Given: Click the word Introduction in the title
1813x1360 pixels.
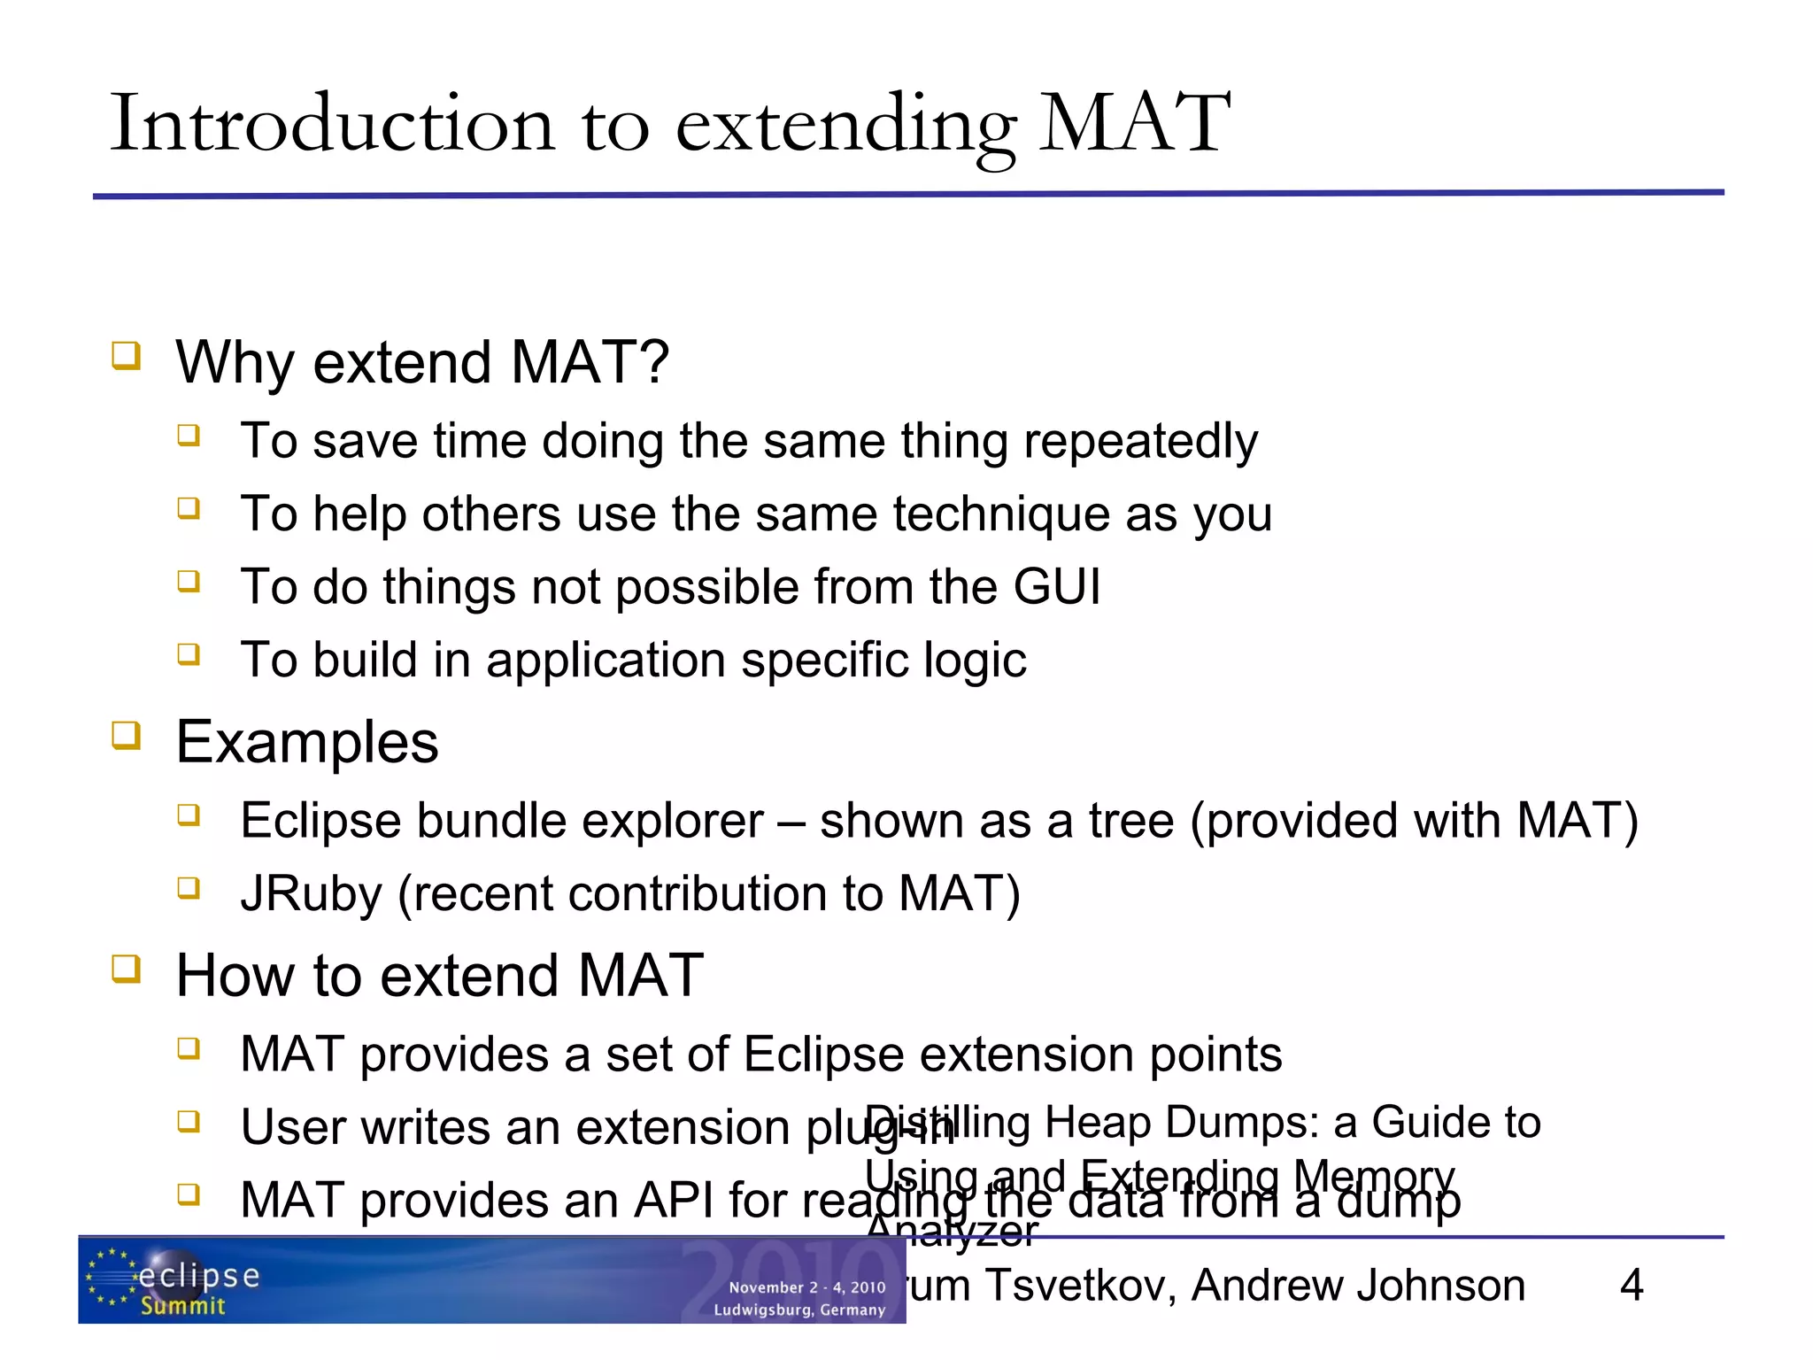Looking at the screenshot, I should click(332, 124).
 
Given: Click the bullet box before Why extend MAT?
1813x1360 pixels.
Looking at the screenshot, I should click(126, 356).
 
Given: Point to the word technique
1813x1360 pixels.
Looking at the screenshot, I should click(1001, 514).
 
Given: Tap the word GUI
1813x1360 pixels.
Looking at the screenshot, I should click(1057, 587).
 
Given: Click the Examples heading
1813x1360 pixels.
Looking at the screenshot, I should click(307, 742).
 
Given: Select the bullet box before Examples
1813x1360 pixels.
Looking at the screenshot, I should click(126, 735).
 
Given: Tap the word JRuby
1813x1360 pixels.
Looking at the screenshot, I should click(311, 894).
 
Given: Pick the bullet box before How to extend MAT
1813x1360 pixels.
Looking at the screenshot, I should click(126, 969).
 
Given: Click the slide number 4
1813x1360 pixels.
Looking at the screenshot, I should click(1631, 1285).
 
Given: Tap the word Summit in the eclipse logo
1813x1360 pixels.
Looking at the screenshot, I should click(183, 1306).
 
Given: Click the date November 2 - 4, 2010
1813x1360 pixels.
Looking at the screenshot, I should click(806, 1287).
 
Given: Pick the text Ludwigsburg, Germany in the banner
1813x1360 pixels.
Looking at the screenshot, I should click(799, 1310).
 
